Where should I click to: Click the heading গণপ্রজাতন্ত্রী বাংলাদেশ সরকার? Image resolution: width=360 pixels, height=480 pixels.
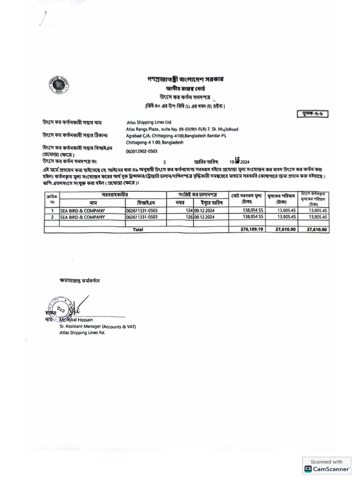[185, 79]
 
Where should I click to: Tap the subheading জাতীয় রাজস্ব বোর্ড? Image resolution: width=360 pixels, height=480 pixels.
[185, 88]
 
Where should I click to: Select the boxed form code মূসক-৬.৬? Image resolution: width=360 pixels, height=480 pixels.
[313, 113]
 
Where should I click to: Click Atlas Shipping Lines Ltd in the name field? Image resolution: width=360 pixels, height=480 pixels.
[149, 122]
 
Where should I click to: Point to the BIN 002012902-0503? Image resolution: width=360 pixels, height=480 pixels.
[142, 151]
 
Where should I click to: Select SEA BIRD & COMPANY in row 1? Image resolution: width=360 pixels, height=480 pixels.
[82, 211]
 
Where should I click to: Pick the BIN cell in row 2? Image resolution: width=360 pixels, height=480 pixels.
[142, 217]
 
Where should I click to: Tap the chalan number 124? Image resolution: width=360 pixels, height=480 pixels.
[189, 211]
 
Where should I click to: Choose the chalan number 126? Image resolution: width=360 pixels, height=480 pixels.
[189, 217]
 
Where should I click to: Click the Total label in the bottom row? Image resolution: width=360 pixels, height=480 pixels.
[138, 230]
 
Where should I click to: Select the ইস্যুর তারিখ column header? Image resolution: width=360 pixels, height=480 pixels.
[211, 202]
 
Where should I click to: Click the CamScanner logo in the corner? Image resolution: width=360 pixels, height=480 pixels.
[327, 468]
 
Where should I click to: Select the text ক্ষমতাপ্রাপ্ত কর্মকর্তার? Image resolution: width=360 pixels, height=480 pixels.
[79, 280]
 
